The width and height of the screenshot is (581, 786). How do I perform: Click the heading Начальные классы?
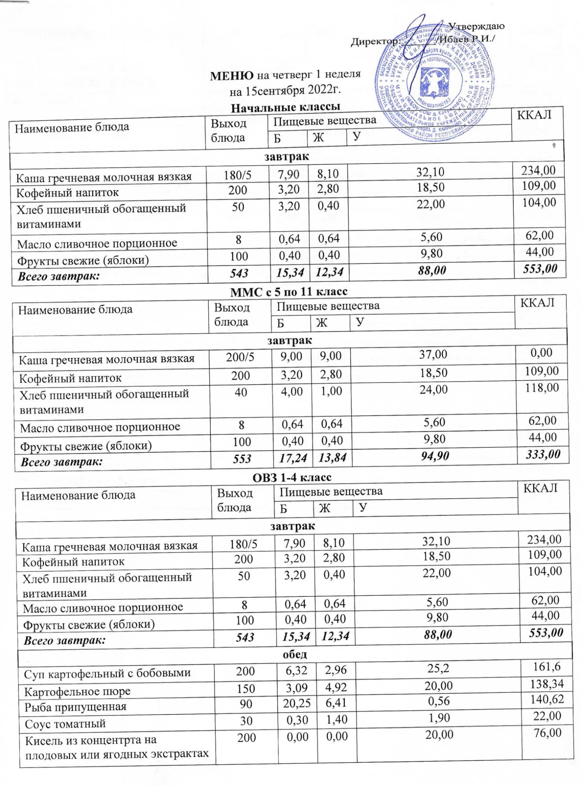pos(285,107)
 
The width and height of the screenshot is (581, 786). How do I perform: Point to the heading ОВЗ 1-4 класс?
pos(291,477)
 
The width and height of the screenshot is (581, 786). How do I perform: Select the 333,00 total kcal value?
pos(541,455)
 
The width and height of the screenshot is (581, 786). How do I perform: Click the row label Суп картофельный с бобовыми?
pos(107,673)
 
